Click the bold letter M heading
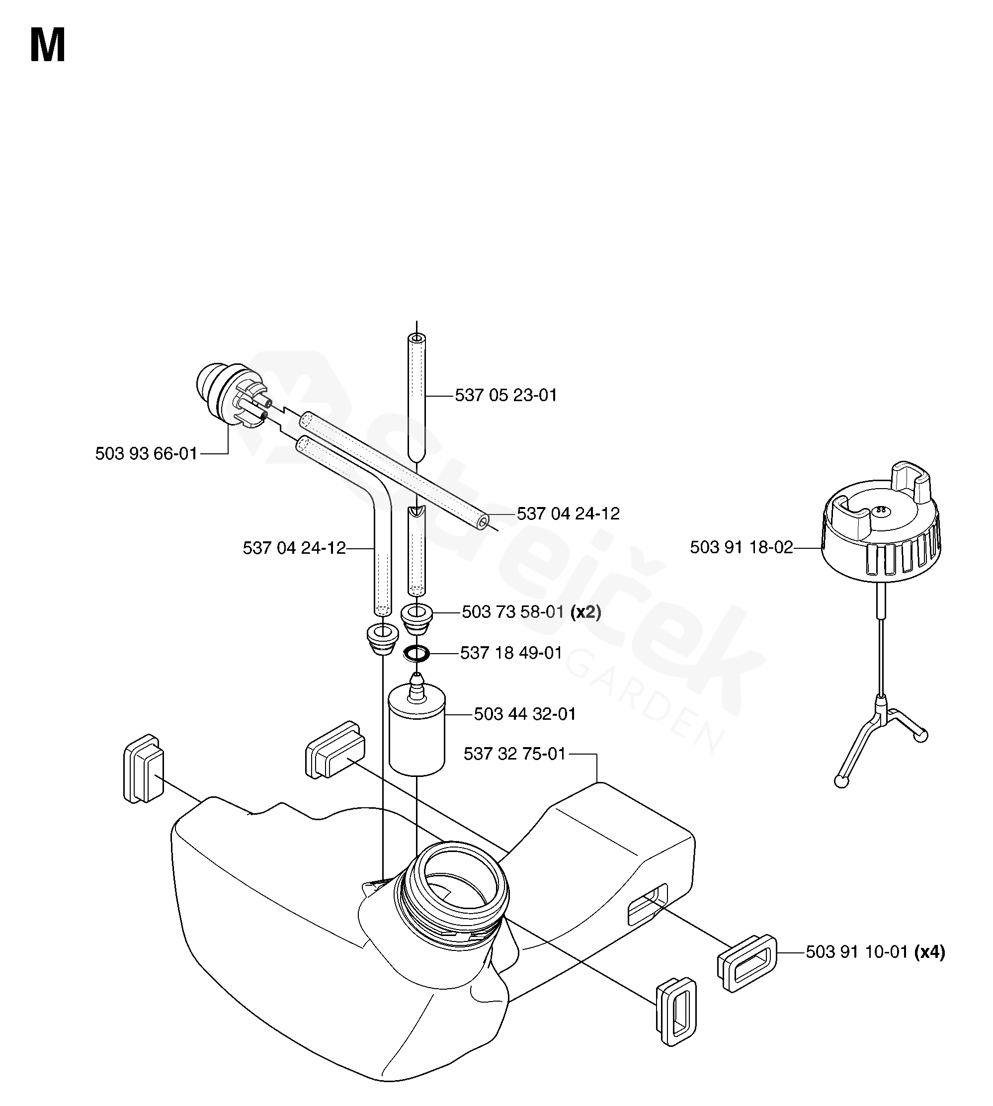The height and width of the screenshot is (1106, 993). coord(48,46)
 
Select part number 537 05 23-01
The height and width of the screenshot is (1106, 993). coord(506,395)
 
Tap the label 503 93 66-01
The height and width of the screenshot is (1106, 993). coord(146,453)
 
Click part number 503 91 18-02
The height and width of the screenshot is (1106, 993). coord(741,547)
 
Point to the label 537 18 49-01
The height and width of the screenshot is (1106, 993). coord(511,653)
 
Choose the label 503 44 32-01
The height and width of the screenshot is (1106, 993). coord(525,714)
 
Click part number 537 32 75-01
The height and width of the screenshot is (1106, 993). coord(514,754)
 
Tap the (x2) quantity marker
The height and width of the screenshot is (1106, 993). coord(585,612)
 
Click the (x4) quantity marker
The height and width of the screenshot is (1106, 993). coord(930,952)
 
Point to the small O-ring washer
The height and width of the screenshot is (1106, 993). coord(416,653)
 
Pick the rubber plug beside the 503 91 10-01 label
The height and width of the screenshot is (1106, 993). coord(746,962)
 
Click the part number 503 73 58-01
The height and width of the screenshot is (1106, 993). coord(512,612)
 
